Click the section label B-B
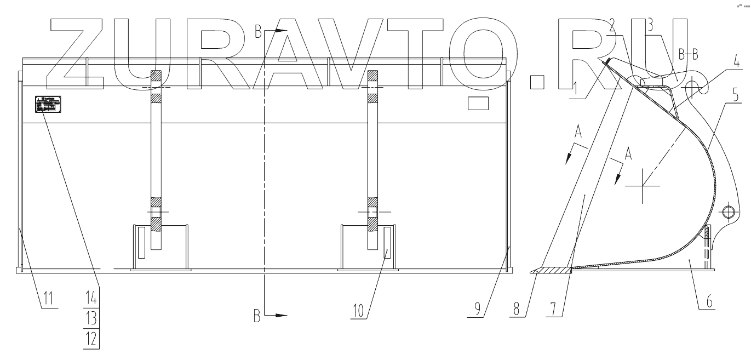point(688,54)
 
